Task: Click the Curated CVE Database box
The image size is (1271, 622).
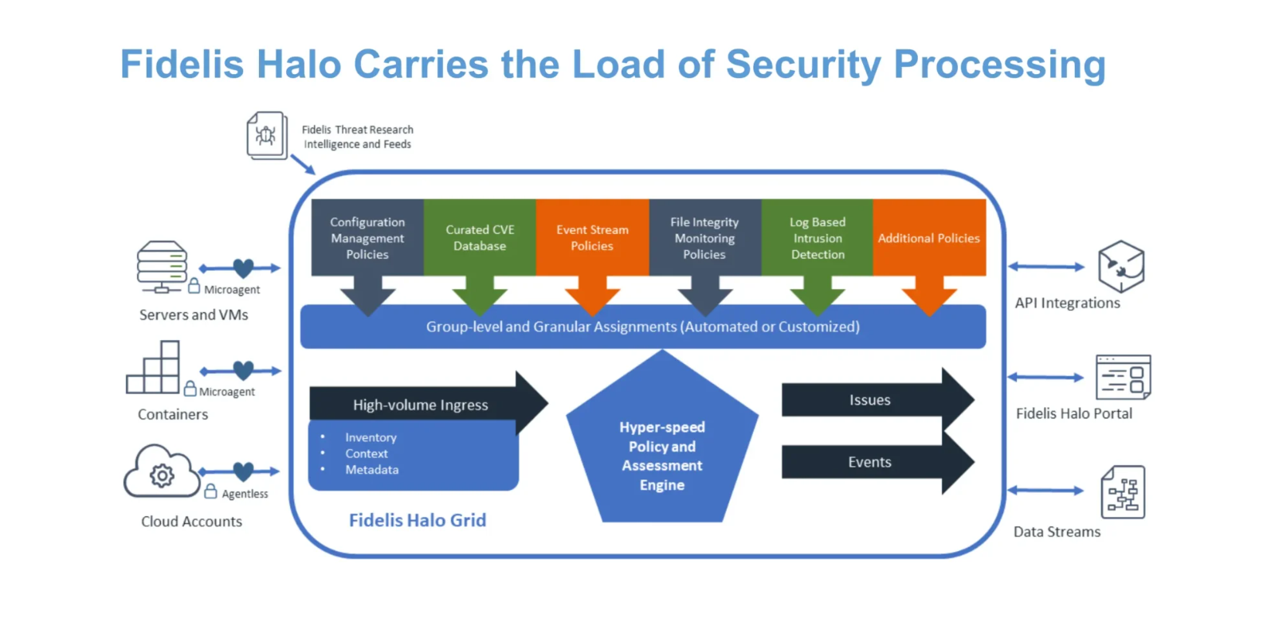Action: tap(480, 237)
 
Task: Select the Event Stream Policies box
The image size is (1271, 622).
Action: tap(592, 237)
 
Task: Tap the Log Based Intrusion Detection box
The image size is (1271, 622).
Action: tap(818, 237)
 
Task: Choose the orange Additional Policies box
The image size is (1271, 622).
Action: tap(929, 237)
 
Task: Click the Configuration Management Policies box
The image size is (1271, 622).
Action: tap(367, 237)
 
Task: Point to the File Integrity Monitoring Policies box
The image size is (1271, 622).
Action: tap(704, 237)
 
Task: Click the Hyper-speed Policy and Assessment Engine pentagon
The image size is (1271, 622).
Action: tap(662, 456)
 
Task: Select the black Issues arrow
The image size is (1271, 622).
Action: tap(870, 400)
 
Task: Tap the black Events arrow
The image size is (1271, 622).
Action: tap(870, 462)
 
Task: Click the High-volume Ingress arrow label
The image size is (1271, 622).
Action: tap(421, 405)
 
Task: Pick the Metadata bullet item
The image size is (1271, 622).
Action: tap(371, 470)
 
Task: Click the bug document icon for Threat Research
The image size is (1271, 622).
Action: tap(266, 135)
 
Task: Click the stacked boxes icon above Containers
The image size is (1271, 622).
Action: tap(153, 368)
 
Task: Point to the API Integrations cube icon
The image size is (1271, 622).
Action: tap(1120, 267)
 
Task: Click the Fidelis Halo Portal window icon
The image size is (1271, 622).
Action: tap(1123, 378)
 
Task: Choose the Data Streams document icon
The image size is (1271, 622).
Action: tap(1123, 492)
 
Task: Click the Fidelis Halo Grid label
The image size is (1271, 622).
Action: tap(418, 520)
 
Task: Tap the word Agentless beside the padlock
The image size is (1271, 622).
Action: tap(245, 494)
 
